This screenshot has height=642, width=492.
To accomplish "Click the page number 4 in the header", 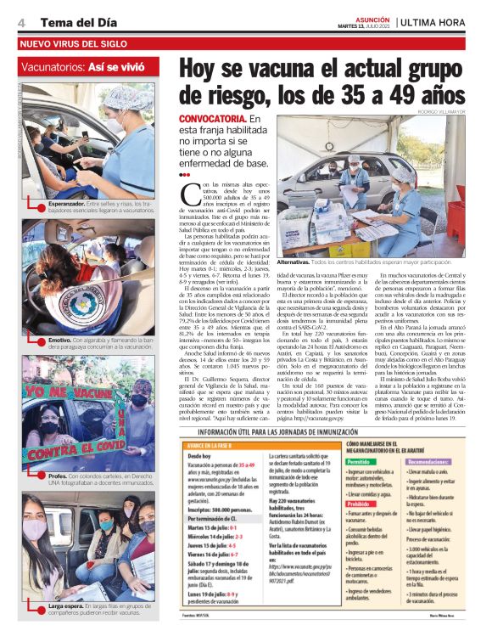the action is [20, 20].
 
